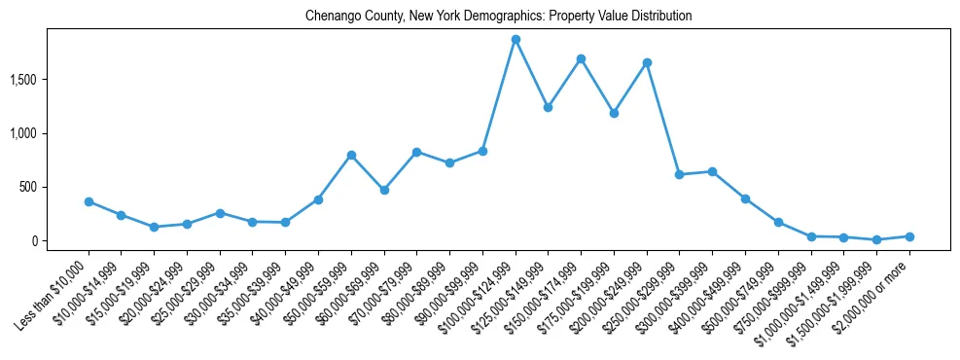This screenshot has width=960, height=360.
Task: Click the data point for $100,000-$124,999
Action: pos(516,39)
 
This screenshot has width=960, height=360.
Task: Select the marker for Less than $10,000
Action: pos(89,201)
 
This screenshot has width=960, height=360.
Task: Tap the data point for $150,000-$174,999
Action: pos(581,58)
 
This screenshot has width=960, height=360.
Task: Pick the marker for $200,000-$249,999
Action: pos(647,62)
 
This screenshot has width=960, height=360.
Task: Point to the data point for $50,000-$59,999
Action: pos(351,155)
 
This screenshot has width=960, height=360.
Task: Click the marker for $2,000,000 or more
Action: pos(909,236)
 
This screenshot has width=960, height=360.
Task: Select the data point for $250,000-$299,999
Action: pos(680,174)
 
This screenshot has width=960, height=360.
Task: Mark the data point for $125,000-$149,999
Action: pos(548,107)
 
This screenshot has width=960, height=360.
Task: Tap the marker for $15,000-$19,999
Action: pos(154,227)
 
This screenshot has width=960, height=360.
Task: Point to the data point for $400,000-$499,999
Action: pos(745,198)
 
